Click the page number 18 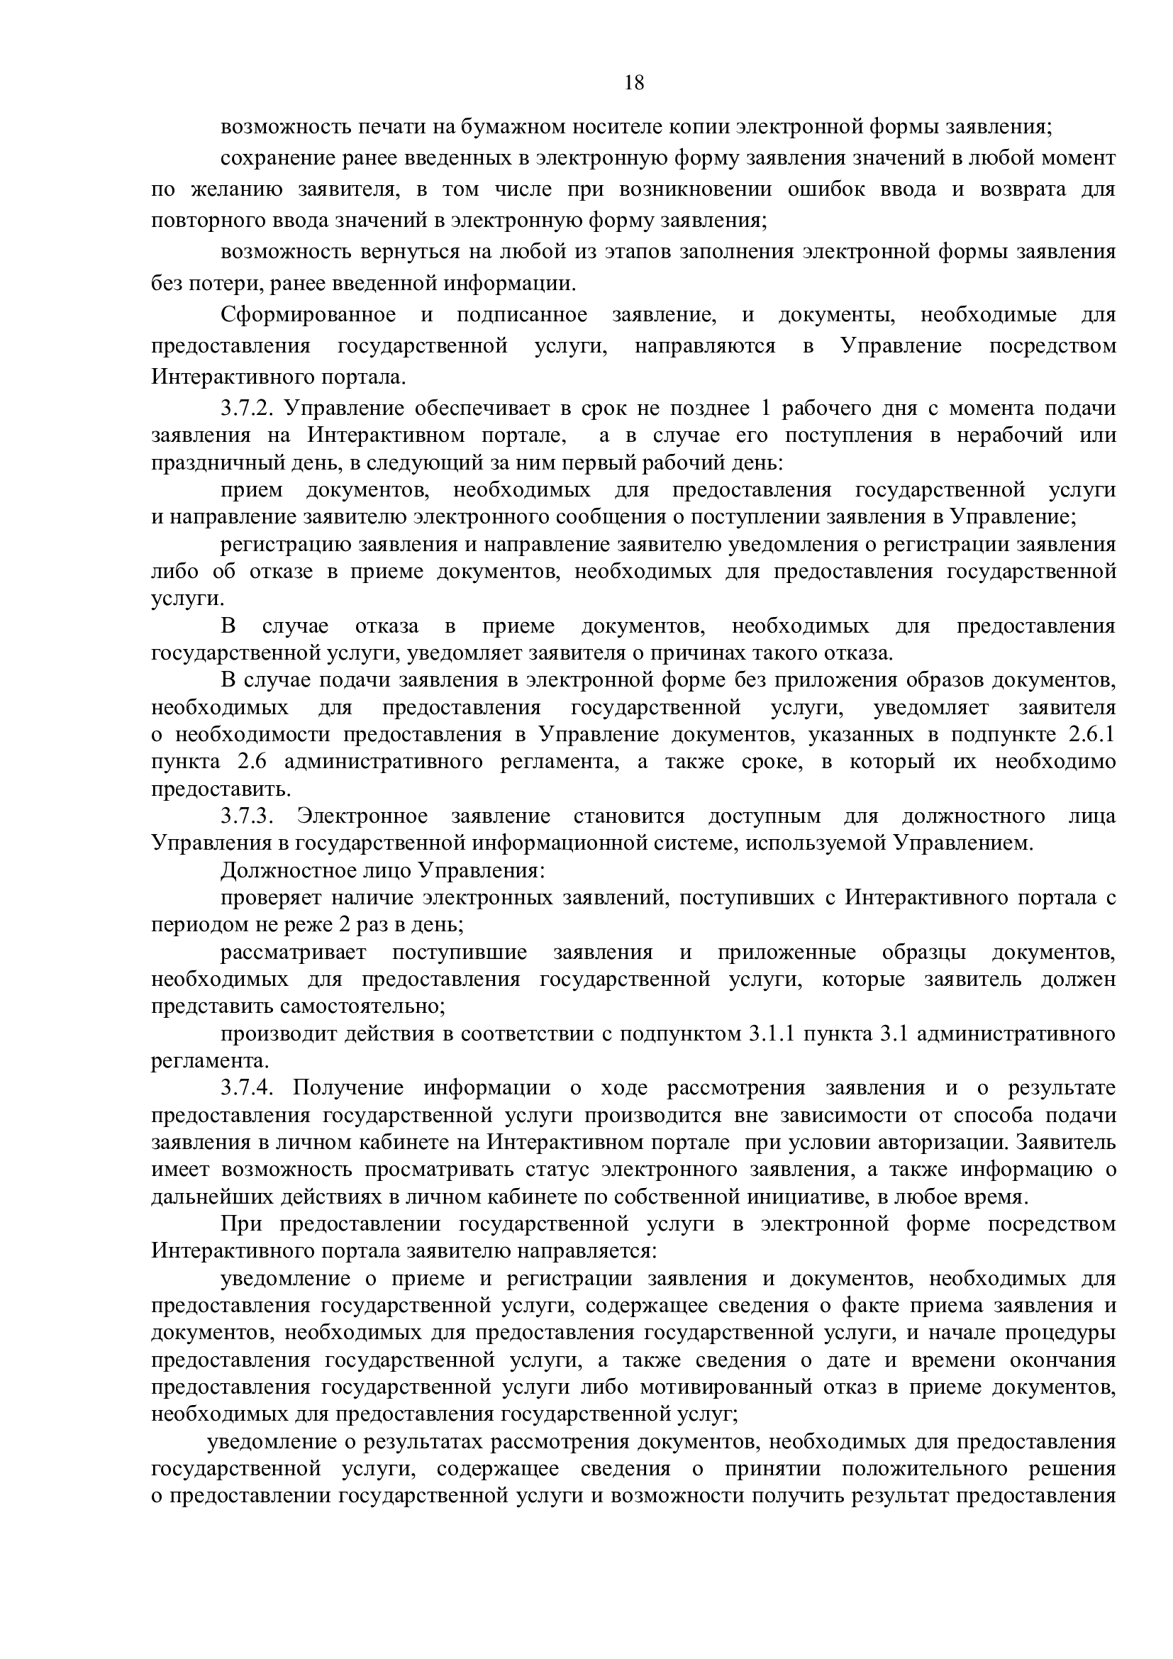point(633,83)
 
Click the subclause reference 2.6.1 point(1091,735)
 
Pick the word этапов point(639,252)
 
